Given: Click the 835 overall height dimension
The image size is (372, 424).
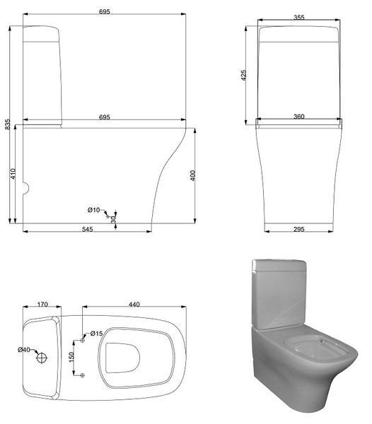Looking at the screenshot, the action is [x=8, y=124].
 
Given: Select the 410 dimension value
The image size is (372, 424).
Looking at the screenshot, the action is [x=13, y=174].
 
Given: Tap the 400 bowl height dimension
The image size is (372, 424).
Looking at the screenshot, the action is [x=192, y=175].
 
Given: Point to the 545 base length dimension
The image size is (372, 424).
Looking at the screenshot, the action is [x=88, y=229].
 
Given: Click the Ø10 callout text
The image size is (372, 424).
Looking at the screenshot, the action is [x=93, y=210].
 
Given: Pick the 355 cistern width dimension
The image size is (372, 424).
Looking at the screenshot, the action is [x=299, y=17].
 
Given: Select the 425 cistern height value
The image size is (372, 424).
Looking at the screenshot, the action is [x=243, y=75].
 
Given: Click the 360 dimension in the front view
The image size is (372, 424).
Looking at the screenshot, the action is [x=299, y=117].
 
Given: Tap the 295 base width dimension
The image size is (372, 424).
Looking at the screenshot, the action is [x=299, y=229].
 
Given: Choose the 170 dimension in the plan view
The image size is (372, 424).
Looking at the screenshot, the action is [x=42, y=305].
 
